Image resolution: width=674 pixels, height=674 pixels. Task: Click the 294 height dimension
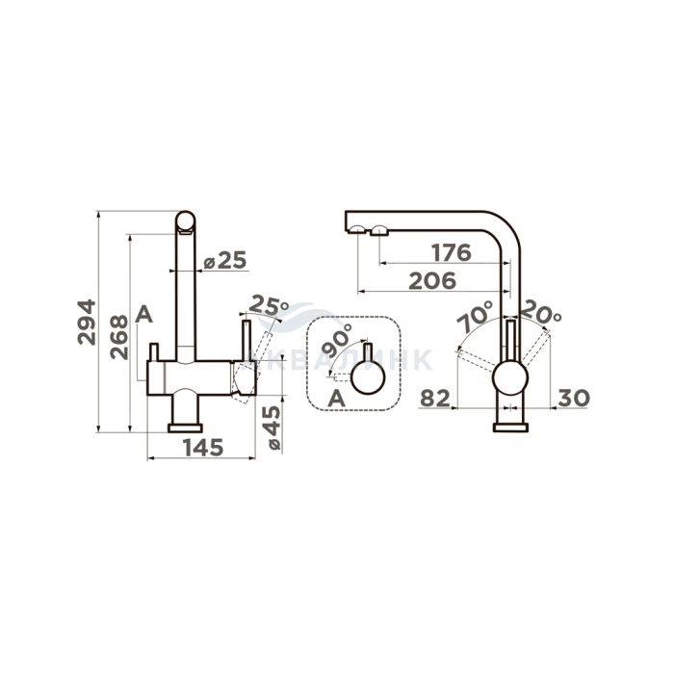pos(87,322)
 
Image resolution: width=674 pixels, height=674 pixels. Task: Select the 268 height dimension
pos(119,337)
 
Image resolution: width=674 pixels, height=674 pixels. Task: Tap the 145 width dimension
pos(203,448)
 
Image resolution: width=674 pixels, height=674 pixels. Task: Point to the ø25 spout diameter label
pos(224,260)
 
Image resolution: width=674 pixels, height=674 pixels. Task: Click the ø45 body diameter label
pos(273,428)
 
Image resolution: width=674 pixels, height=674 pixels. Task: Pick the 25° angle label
pos(269,305)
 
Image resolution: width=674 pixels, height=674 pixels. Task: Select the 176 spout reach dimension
pos(452,252)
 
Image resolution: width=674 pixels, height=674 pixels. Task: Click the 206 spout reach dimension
pos(432,281)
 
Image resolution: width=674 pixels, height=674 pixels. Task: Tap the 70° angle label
pos(475,316)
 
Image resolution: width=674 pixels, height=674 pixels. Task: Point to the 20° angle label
pos(542,312)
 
